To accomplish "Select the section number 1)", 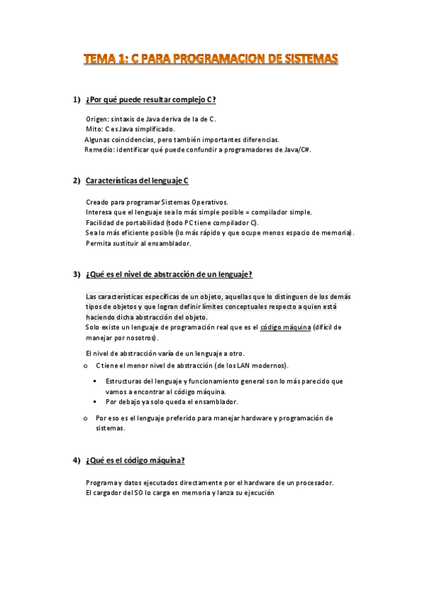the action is click(x=77, y=99).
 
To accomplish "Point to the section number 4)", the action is click(x=77, y=460).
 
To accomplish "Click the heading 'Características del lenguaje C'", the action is click(x=137, y=181).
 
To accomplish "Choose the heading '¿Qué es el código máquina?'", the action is click(x=135, y=460).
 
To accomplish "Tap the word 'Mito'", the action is click(x=94, y=130).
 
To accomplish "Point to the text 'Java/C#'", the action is click(x=295, y=149).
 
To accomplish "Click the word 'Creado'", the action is click(x=98, y=202).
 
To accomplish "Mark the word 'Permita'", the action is click(x=99, y=243).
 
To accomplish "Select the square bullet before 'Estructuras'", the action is click(x=94, y=381).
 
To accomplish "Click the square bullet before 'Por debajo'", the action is click(x=94, y=401).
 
